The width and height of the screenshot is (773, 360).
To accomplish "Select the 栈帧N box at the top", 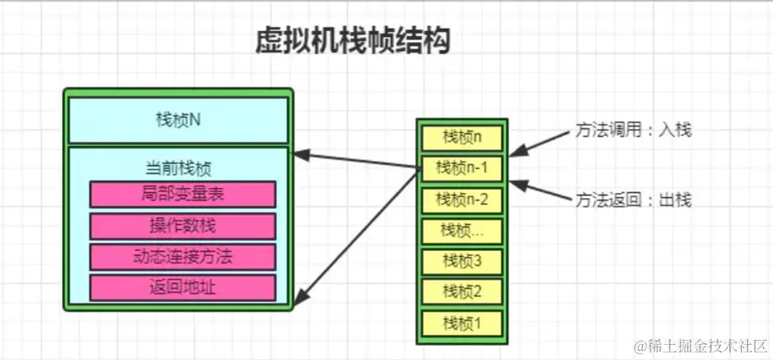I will (x=178, y=119).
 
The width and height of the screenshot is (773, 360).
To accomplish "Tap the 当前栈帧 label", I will (x=178, y=168).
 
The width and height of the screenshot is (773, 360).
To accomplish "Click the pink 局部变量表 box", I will (x=182, y=194).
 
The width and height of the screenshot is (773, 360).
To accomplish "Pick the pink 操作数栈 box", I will (x=182, y=226).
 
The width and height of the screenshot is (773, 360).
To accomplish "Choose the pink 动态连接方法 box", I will (x=182, y=257).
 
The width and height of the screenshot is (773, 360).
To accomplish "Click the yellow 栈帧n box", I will (x=462, y=137).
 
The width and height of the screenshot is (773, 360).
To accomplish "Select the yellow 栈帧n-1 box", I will (x=462, y=168).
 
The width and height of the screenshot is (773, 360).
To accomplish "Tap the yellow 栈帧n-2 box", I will (x=462, y=200).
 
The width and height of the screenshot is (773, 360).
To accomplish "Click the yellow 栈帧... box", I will (x=462, y=230).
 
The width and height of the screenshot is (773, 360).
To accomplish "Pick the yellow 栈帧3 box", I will (x=462, y=261).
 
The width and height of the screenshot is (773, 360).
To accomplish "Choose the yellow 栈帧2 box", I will (x=462, y=291).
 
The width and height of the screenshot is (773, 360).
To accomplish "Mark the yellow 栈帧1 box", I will (x=462, y=322).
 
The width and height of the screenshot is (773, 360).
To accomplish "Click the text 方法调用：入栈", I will (x=633, y=130).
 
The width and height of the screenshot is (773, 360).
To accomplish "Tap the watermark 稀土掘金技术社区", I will (x=701, y=346).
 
